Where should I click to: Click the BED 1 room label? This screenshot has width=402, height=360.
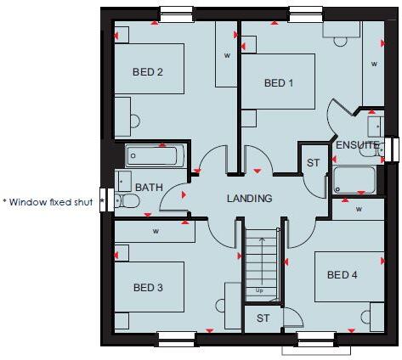[x=279, y=83]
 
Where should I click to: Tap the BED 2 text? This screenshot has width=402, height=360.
[x=148, y=72]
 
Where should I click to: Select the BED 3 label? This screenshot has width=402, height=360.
[x=148, y=288]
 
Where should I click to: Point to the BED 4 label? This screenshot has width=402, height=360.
[x=342, y=274]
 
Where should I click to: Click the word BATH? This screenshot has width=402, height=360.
[x=148, y=188]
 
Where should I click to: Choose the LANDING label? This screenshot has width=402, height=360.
[x=249, y=199]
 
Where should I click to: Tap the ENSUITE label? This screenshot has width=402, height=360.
[x=357, y=145]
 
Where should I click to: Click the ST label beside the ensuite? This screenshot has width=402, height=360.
[x=312, y=161]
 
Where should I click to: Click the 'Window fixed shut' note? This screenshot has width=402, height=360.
[x=48, y=202]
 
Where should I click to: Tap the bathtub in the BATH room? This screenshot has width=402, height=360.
[x=155, y=156]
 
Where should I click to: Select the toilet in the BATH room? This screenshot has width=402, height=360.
[x=127, y=200]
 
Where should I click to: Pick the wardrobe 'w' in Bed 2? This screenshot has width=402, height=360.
[x=227, y=55]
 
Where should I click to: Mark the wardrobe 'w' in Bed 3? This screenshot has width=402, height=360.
[x=155, y=230]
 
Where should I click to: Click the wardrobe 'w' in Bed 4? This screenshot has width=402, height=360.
[x=359, y=209]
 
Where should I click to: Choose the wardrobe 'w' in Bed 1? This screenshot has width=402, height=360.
[x=372, y=61]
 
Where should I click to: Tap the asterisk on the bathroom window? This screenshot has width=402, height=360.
[x=102, y=201]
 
